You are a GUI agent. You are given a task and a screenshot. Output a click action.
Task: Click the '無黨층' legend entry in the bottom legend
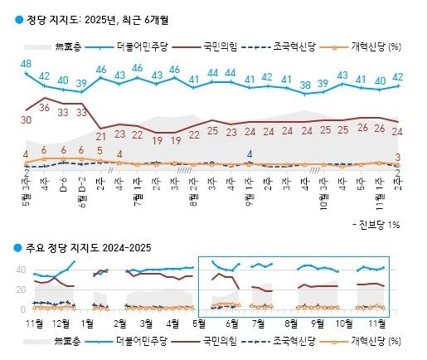pos(71,340)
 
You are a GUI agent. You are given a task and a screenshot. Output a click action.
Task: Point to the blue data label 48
pos(27,64)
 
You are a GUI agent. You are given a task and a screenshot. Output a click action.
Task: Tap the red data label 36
pos(46,108)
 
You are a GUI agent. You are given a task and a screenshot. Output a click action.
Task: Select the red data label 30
pos(26,120)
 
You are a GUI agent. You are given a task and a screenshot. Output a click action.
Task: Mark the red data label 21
pos(101,135)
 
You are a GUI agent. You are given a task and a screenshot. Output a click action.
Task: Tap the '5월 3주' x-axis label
pos(27,188)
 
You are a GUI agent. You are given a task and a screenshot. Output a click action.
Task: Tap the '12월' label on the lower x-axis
pos(60,321)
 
